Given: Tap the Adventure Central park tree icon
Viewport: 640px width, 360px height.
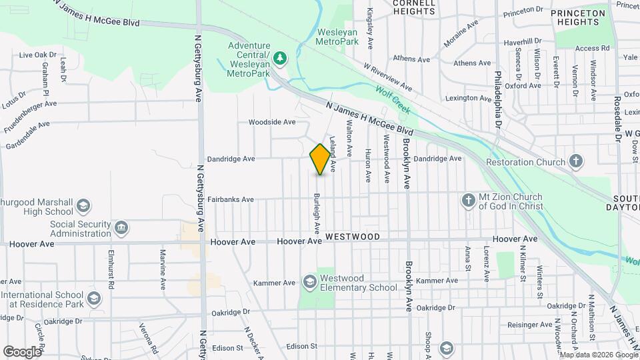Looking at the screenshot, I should [281, 58].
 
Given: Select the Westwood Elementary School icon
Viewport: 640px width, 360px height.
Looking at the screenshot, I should [309, 283].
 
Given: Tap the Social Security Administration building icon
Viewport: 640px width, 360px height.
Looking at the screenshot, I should [121, 229].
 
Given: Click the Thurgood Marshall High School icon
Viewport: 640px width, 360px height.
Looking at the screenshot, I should [84, 205].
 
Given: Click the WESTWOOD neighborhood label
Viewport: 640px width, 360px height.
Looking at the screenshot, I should [353, 237].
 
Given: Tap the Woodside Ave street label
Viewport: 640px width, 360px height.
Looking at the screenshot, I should [271, 122].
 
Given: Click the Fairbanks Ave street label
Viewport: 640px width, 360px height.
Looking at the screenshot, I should [231, 199].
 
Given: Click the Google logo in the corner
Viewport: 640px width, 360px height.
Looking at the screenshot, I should [22, 351].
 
